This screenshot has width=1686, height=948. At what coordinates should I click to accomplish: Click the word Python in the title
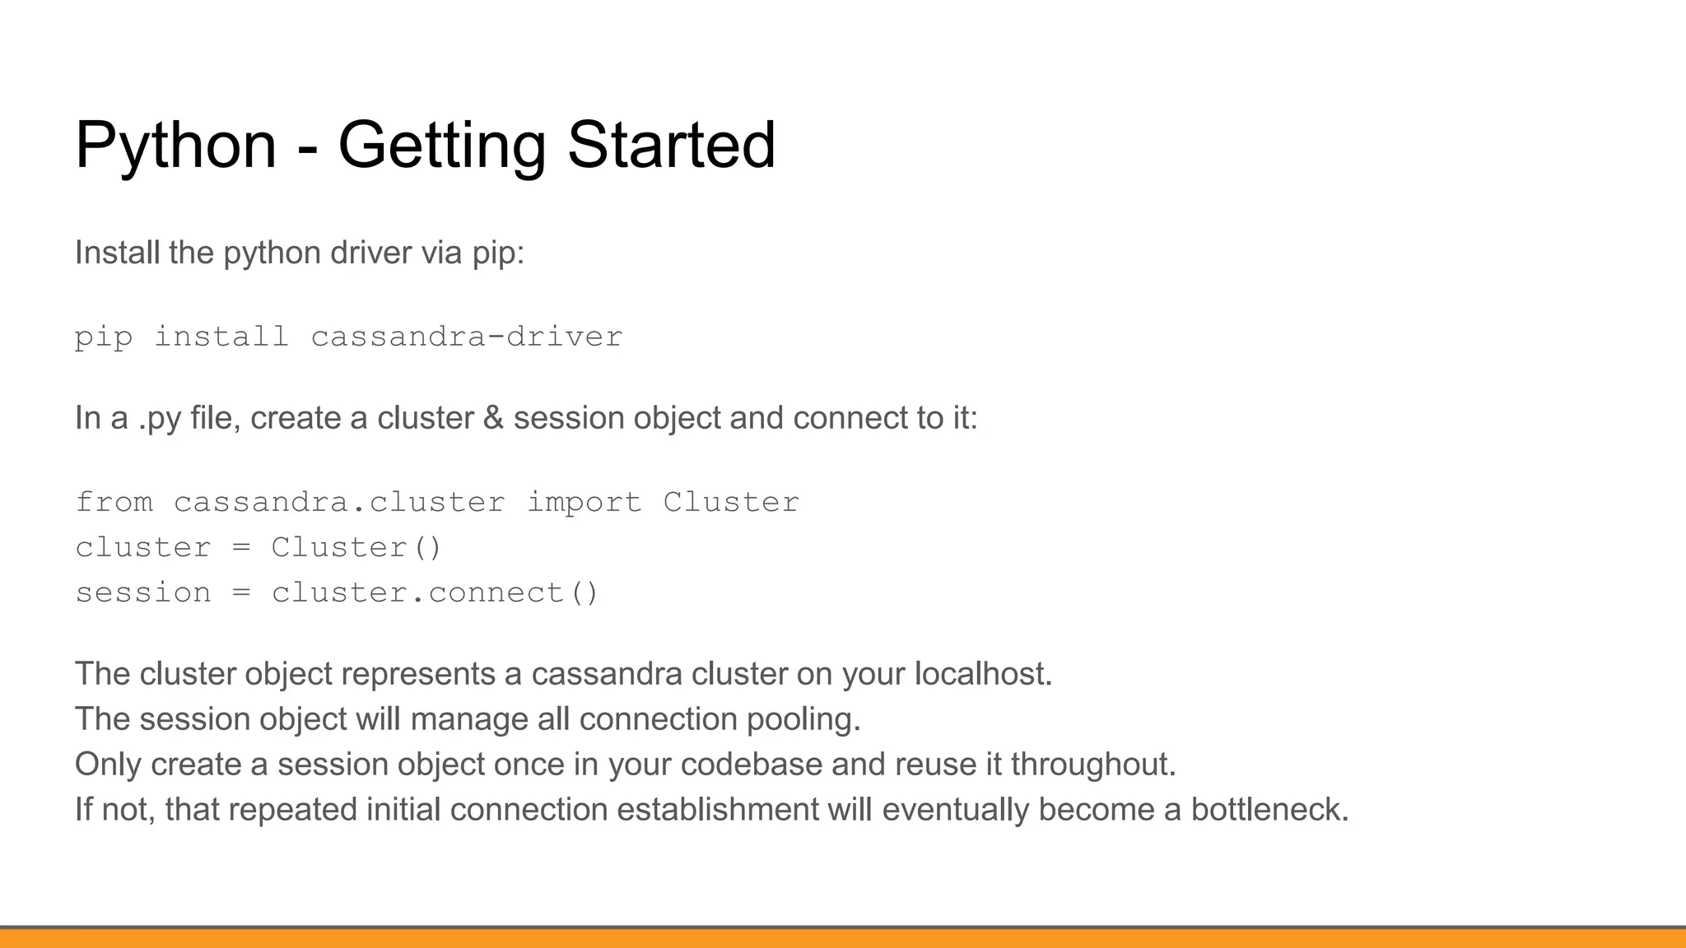click(175, 146)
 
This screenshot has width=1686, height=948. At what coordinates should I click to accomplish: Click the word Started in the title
click(671, 146)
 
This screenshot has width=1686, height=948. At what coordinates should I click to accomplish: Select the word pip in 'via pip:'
click(496, 253)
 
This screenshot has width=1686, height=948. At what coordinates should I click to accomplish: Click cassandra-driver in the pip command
click(466, 337)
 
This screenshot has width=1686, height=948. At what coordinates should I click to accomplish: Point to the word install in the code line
click(221, 337)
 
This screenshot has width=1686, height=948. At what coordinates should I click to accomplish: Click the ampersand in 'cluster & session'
click(493, 418)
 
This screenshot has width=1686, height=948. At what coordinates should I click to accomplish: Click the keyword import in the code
click(584, 502)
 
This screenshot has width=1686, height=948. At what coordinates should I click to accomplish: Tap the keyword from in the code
click(114, 502)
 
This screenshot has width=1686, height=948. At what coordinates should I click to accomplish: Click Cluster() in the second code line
click(356, 547)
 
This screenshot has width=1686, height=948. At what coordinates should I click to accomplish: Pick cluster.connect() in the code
click(435, 592)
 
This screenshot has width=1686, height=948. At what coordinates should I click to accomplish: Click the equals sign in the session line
click(241, 592)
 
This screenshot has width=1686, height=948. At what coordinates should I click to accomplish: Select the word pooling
click(803, 720)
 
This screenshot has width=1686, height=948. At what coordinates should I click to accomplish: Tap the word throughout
click(1092, 764)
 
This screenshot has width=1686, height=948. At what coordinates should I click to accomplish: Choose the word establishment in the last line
click(717, 810)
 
